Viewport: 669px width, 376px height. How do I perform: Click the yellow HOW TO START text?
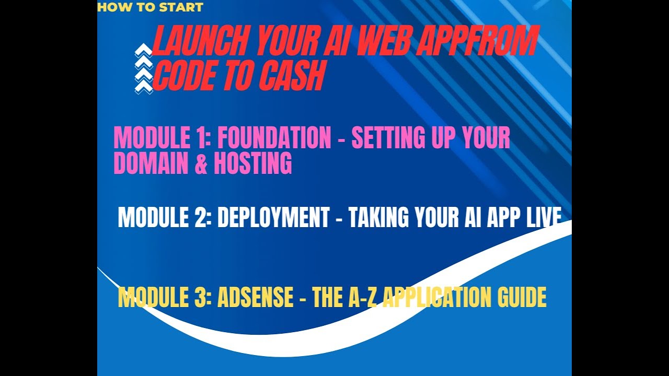pyautogui.click(x=150, y=7)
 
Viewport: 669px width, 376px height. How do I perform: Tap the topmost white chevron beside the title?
pyautogui.click(x=143, y=51)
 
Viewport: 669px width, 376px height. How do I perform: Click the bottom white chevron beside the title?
pyautogui.click(x=143, y=87)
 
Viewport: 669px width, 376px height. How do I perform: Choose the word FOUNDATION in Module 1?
pyautogui.click(x=274, y=138)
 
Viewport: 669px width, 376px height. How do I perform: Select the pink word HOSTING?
pyautogui.click(x=252, y=163)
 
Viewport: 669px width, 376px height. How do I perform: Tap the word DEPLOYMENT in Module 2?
pyautogui.click(x=273, y=217)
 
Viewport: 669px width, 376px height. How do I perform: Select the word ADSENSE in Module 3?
pyautogui.click(x=255, y=298)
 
